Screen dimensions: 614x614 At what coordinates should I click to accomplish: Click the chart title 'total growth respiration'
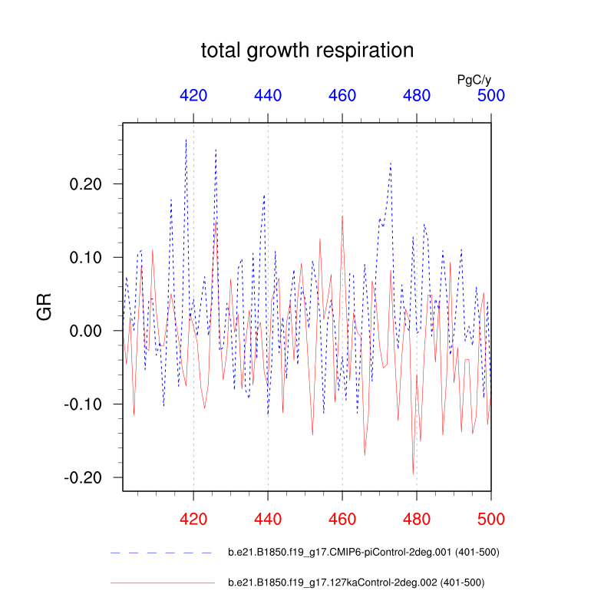(307, 51)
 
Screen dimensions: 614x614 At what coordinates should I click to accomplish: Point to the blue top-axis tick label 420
(193, 95)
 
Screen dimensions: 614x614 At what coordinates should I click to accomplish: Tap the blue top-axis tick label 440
(268, 95)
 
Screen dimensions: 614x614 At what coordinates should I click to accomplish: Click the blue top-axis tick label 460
(342, 95)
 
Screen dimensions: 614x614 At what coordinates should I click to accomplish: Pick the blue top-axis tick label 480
(417, 95)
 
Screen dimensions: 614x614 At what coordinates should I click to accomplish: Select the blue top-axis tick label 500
(490, 95)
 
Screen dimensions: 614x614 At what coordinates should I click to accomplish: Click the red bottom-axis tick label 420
(193, 519)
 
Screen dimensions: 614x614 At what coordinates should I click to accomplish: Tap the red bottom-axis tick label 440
(268, 519)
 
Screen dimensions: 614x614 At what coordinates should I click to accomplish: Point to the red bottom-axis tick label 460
(342, 519)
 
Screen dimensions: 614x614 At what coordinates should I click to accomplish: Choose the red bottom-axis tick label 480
(417, 519)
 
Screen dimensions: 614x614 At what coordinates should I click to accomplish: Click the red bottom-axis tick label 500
(490, 519)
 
